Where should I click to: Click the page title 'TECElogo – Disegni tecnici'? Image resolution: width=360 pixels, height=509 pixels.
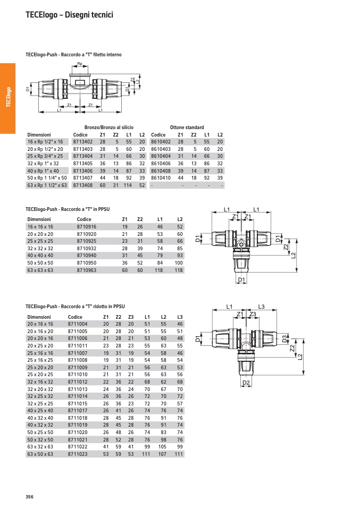pos(69,15)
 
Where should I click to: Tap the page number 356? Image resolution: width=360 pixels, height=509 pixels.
pos(29,496)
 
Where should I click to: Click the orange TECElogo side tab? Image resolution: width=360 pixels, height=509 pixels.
pos(8,98)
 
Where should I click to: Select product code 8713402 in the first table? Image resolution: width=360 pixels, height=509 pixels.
pos(82,142)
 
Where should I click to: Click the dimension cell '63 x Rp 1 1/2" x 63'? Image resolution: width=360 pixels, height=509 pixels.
pos(47,185)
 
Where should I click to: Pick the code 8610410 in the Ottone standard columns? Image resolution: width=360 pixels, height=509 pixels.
pos(161,178)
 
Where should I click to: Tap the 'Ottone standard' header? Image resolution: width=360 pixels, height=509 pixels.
pos(187,128)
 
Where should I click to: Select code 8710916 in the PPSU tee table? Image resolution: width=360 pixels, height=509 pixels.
pos(87,227)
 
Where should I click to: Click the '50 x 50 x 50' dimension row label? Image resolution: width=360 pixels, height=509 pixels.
pos(40,263)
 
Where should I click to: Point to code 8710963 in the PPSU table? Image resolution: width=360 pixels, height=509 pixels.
pos(87,270)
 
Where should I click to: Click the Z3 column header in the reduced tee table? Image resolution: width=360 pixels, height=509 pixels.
pos(131,317)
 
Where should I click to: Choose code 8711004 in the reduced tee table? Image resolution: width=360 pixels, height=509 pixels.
pos(78,324)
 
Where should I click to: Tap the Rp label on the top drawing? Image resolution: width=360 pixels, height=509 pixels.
pos(80,64)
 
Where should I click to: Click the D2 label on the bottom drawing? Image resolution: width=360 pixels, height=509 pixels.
pos(246,383)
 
